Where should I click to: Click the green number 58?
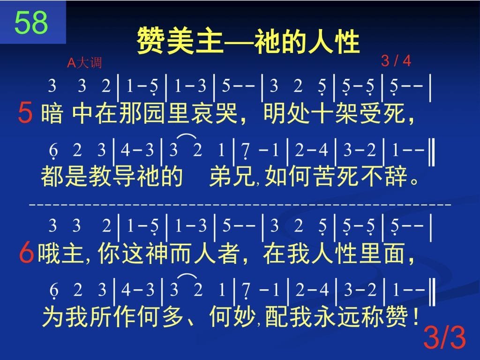coord(31,22)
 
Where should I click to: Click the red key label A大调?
coord(84,62)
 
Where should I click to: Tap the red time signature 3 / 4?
coord(396,60)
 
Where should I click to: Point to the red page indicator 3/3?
coord(444,337)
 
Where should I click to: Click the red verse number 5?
coord(25,112)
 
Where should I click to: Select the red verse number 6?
coord(26,253)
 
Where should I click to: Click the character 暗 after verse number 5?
coord(52,113)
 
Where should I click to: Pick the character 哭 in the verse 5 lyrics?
coord(226,113)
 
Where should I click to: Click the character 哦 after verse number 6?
coord(49,253)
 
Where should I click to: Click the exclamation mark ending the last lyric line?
coord(415,316)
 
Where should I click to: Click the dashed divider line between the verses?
coord(240,203)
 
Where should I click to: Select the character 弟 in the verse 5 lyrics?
coord(220,176)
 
